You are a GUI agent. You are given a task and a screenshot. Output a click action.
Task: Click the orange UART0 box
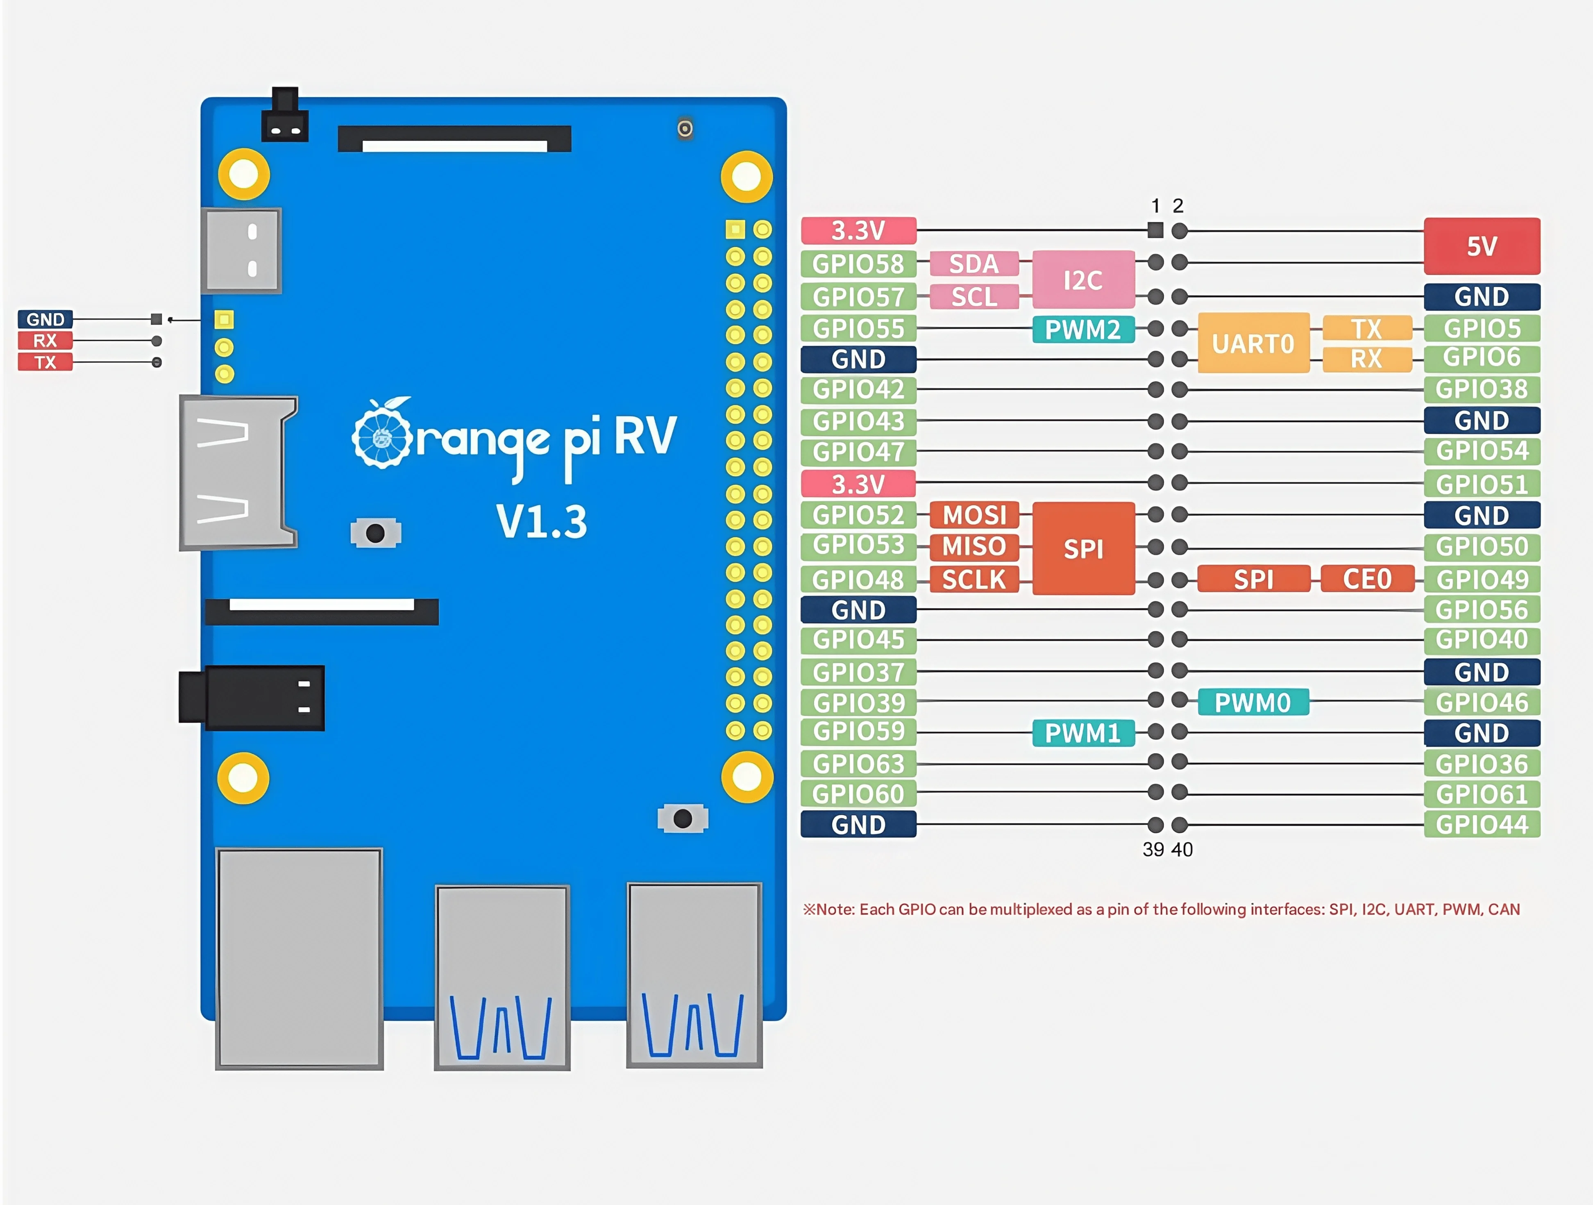click(x=1253, y=343)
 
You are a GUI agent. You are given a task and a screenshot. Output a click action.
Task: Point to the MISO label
click(x=973, y=547)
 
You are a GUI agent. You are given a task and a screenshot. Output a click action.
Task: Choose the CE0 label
click(x=1367, y=579)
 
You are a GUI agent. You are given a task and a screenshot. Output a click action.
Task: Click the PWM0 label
click(x=1253, y=702)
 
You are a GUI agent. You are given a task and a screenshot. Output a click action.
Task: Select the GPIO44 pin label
click(x=1482, y=825)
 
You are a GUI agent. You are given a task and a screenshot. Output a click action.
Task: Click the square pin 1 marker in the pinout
click(x=1155, y=230)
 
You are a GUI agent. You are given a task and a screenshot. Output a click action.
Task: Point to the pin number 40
click(x=1182, y=850)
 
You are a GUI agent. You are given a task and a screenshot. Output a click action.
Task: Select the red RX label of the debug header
click(x=45, y=341)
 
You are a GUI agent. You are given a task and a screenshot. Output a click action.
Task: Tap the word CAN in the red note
click(x=1504, y=909)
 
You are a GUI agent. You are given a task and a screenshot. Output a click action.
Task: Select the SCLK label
click(x=973, y=579)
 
